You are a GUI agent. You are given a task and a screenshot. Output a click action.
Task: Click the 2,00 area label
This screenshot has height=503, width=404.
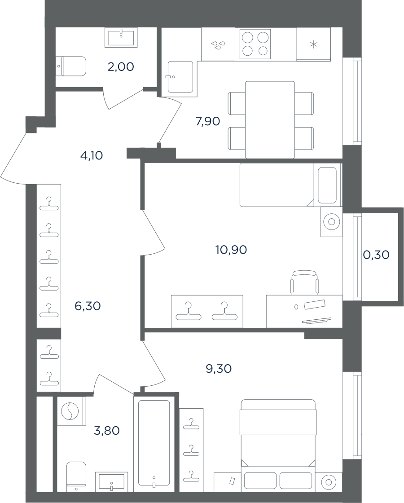(121, 67)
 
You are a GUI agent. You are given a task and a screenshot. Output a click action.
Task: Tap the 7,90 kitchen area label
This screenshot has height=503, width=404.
(208, 122)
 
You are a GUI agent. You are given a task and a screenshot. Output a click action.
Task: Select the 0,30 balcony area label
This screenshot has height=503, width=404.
(376, 255)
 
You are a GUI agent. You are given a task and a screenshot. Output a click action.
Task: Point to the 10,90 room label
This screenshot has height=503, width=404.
(231, 250)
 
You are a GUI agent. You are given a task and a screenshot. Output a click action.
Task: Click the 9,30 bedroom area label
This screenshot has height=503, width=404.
(219, 369)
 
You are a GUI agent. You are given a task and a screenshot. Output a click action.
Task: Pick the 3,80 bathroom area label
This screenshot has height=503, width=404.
(107, 431)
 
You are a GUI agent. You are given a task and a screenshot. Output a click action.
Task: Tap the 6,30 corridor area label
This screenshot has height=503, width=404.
(88, 306)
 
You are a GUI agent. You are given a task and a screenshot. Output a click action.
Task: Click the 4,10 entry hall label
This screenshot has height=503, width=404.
(91, 155)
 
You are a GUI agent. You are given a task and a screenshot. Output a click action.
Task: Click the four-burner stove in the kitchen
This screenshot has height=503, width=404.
(255, 44)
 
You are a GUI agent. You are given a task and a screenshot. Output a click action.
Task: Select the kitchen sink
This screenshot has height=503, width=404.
(180, 77)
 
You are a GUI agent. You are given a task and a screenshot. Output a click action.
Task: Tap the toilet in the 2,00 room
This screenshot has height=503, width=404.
(71, 66)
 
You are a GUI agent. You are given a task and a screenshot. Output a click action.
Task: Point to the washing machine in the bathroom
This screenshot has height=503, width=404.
(71, 411)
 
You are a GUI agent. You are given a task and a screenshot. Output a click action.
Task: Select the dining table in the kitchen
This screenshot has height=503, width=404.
(270, 120)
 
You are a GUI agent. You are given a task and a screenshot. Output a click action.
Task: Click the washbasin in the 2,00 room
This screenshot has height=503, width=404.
(121, 37)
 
